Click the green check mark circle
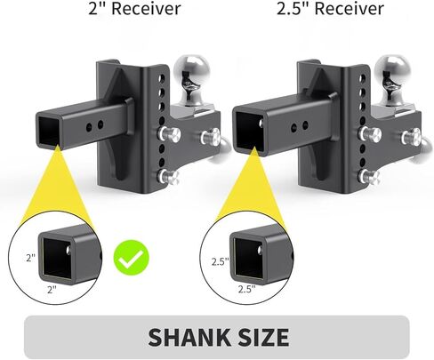tap(132, 258)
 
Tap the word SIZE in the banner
tap(259, 337)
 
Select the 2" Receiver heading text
tap(134, 8)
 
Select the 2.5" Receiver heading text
tap(330, 8)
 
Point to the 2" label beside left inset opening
tap(31, 257)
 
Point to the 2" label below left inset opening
tap(52, 289)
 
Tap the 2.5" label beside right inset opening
tap(220, 261)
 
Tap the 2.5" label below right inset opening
tap(246, 289)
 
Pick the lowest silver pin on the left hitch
tap(168, 176)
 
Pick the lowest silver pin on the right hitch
tap(369, 176)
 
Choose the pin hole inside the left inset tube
tap(68, 250)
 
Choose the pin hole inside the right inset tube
tap(261, 251)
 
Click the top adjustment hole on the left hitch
tap(162, 78)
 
